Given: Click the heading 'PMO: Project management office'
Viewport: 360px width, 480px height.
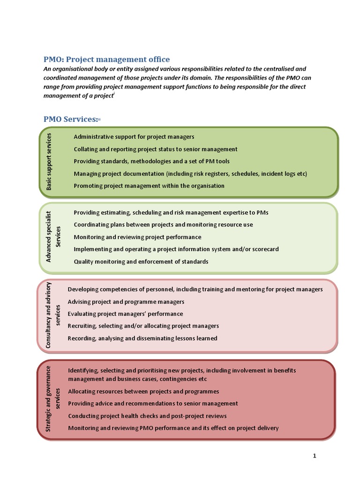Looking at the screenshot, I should (x=107, y=59).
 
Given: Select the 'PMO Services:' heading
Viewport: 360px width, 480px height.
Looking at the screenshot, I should (x=71, y=119).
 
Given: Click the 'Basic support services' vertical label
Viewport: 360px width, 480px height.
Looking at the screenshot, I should (x=49, y=161).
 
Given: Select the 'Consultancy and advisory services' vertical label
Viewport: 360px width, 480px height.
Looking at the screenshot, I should (x=53, y=314).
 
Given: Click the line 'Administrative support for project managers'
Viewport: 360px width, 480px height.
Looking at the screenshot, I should (x=134, y=137).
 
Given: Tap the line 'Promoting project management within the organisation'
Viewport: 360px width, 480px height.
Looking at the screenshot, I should (x=149, y=186).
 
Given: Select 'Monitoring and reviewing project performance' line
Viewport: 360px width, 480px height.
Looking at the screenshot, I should (x=137, y=237).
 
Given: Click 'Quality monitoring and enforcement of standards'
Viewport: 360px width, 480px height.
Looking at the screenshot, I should (x=141, y=262).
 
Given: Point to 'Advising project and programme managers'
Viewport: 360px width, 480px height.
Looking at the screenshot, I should (x=126, y=301).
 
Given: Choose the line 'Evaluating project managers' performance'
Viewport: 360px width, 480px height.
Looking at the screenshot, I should (x=125, y=314).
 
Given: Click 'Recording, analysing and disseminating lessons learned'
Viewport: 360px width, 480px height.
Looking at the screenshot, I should (x=142, y=338).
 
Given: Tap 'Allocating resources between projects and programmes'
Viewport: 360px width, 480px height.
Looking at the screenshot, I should (x=143, y=391).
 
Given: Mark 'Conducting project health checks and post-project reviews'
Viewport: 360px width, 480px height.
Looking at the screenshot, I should (x=147, y=416).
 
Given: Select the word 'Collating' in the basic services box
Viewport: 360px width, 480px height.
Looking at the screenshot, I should (x=86, y=149).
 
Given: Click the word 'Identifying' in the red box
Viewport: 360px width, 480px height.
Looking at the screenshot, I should (x=83, y=370).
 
